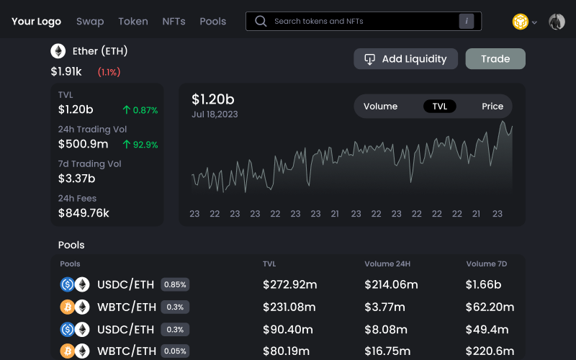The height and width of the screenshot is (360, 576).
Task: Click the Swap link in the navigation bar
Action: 90,22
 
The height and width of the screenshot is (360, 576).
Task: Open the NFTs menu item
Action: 174,22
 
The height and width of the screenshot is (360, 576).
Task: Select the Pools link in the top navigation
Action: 212,22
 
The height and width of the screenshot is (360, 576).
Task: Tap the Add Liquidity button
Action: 406,59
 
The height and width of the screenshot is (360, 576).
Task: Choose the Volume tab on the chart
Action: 380,107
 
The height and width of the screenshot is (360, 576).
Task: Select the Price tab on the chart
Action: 492,107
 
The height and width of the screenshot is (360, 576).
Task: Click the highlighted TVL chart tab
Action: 440,107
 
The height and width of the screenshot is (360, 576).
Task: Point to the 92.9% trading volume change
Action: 140,145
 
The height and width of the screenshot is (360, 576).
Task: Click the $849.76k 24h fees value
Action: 84,213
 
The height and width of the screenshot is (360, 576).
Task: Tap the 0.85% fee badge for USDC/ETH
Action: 175,284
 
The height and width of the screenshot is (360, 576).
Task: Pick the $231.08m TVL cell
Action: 289,307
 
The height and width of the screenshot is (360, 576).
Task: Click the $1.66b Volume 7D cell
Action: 483,284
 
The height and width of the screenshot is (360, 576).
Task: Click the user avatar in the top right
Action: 557,22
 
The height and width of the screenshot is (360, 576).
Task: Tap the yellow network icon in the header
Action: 520,22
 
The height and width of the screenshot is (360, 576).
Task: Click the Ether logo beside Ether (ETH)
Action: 58,51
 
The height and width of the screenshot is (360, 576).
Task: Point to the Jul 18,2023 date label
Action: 215,114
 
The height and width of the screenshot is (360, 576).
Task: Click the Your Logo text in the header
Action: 36,22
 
